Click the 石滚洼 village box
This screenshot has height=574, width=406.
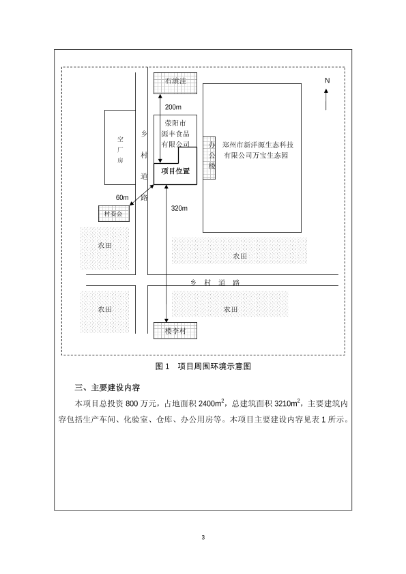click(x=175, y=83)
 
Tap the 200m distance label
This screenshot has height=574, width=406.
click(x=173, y=107)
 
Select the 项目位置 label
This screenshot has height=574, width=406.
click(x=176, y=171)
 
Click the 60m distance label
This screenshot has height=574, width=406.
click(x=122, y=198)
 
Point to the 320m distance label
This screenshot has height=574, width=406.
click(x=179, y=208)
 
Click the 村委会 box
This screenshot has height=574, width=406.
click(x=114, y=214)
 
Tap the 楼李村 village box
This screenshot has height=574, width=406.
click(x=175, y=330)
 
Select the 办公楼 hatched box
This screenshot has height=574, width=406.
click(x=209, y=158)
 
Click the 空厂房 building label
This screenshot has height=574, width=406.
click(x=120, y=149)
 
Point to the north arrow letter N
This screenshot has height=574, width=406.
click(x=328, y=81)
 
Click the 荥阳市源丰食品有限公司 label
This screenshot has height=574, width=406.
click(x=176, y=134)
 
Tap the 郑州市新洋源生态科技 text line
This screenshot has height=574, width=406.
click(x=258, y=145)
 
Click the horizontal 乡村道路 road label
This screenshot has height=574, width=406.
click(x=215, y=283)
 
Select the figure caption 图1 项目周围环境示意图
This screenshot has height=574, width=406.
click(x=203, y=367)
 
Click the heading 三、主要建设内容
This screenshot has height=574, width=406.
click(x=107, y=388)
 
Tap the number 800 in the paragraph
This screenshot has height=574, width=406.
click(x=132, y=404)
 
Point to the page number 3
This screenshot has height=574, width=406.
click(x=203, y=537)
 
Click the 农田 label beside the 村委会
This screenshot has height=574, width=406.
click(x=105, y=246)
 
